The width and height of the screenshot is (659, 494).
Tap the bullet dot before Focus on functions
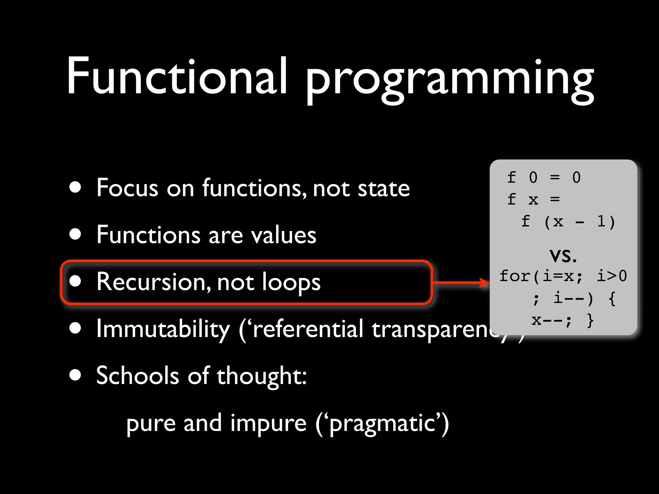pos(75,187)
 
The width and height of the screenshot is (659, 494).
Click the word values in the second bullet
pos(283,235)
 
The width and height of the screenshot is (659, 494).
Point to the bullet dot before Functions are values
pos(75,234)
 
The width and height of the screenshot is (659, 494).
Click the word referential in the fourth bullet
pos(308,329)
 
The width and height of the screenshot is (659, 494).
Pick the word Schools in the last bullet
pos(137,376)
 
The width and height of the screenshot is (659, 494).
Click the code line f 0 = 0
pos(544,178)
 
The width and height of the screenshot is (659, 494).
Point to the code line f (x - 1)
pos(568,222)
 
